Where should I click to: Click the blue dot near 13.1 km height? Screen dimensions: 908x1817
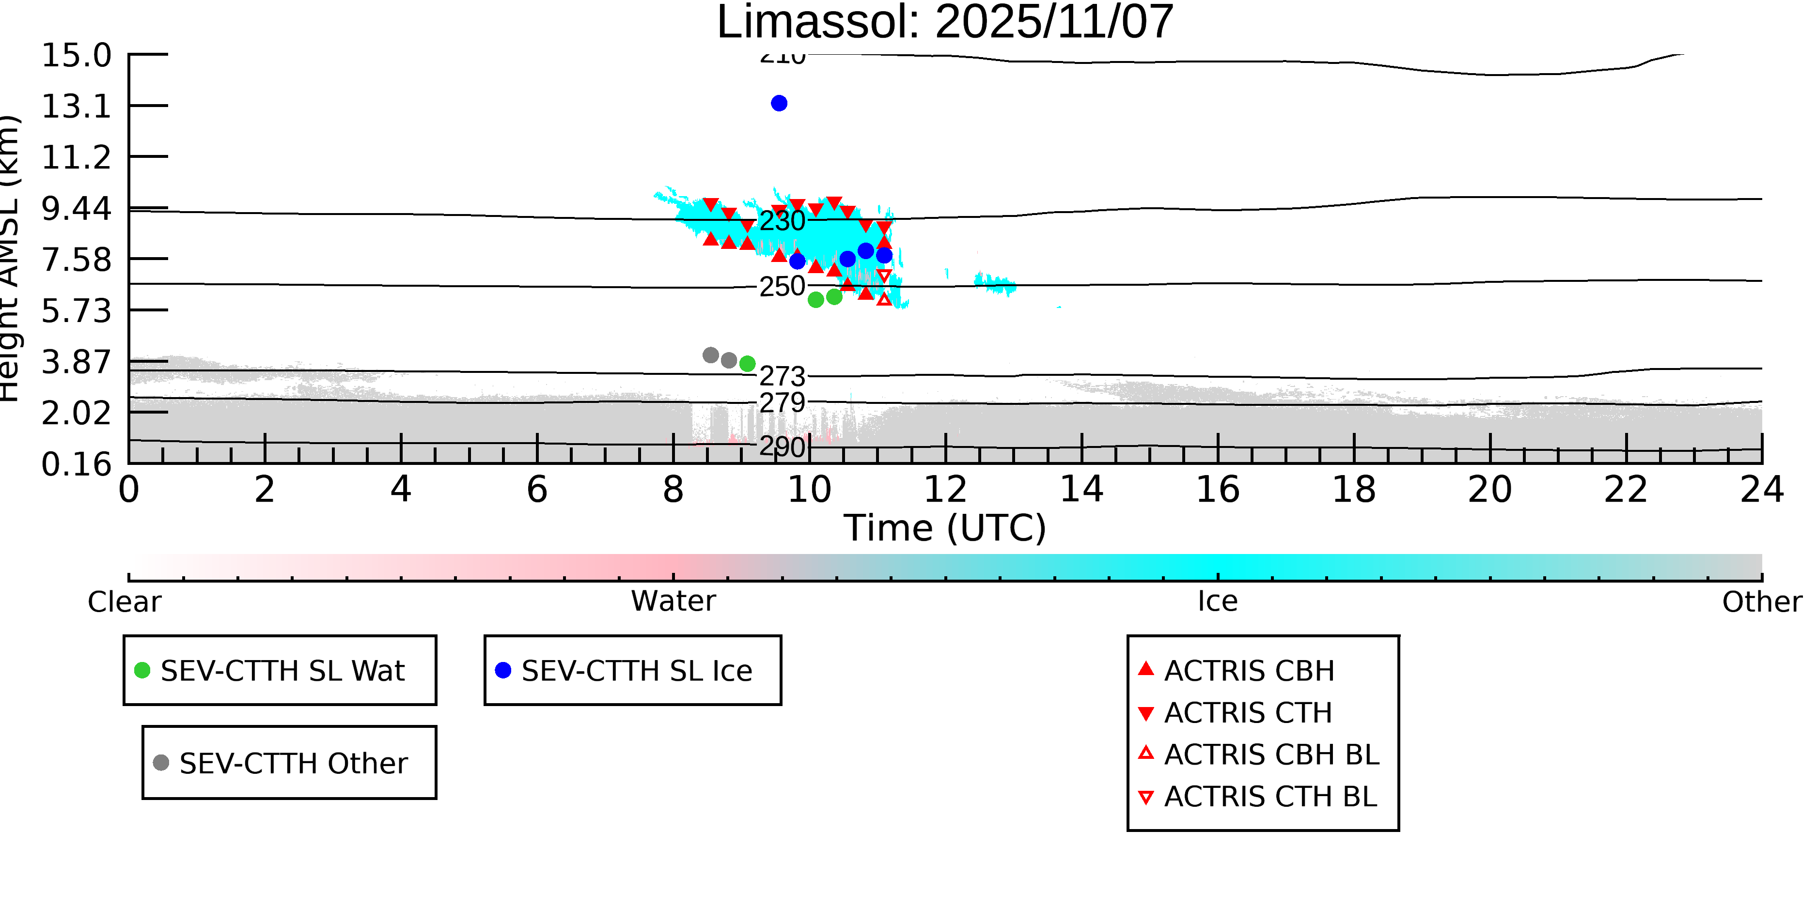click(779, 104)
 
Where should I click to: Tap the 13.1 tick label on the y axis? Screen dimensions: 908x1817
click(76, 107)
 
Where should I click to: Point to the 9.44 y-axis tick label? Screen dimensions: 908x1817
click(76, 209)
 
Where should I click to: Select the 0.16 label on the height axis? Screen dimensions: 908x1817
click(76, 464)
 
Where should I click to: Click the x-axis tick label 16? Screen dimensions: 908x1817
click(1218, 490)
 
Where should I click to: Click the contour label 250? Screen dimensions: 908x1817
click(782, 287)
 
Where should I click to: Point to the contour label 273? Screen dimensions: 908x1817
click(782, 376)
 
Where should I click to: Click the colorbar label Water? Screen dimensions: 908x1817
click(673, 601)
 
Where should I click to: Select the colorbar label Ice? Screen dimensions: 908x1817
click(1218, 601)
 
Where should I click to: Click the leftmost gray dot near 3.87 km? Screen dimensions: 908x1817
click(710, 355)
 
